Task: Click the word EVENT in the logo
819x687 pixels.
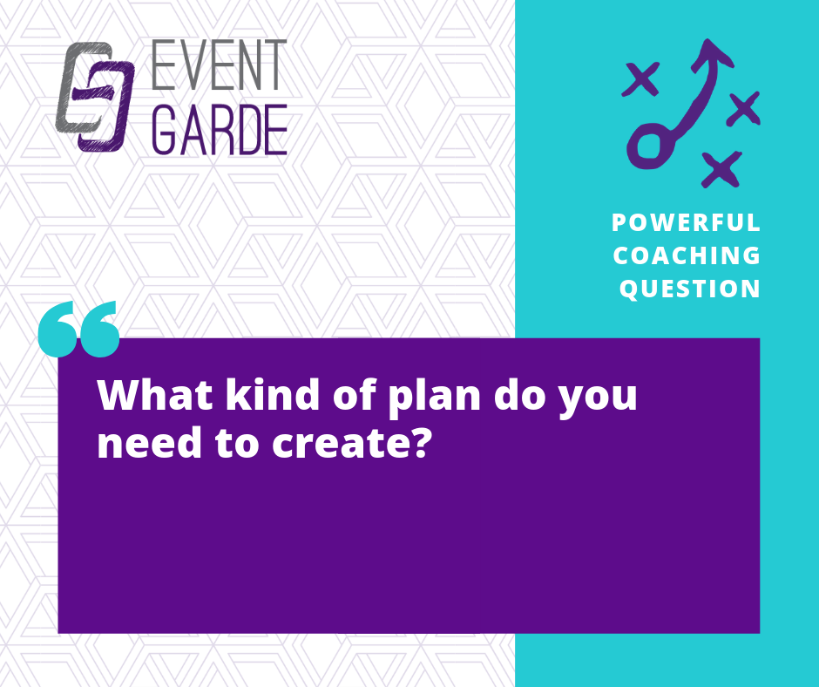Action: pyautogui.click(x=219, y=65)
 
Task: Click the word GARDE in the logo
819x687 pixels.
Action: pyautogui.click(x=220, y=129)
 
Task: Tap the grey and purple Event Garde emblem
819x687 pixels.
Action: pyautogui.click(x=95, y=97)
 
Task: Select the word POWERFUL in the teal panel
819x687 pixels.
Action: pyautogui.click(x=686, y=222)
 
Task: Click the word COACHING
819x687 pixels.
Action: pyautogui.click(x=687, y=255)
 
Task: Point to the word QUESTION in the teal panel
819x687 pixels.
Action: pyautogui.click(x=689, y=289)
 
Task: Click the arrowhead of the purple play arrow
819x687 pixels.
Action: pyautogui.click(x=712, y=54)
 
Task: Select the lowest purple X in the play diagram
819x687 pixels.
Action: pyautogui.click(x=721, y=169)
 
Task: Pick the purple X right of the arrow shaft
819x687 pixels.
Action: pyautogui.click(x=744, y=109)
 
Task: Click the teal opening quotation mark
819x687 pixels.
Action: pyautogui.click(x=79, y=329)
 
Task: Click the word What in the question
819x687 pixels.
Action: pyautogui.click(x=154, y=395)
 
